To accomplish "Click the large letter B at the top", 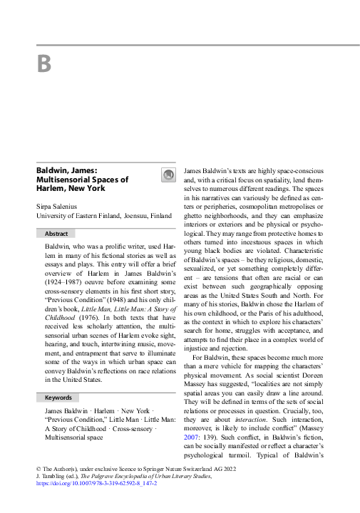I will pyautogui.click(x=44, y=64).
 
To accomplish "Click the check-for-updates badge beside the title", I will pyautogui.click(x=168, y=175).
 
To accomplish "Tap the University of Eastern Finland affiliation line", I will pyautogui.click(x=103, y=215).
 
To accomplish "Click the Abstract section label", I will pyautogui.click(x=56, y=233).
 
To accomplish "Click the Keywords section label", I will pyautogui.click(x=58, y=397).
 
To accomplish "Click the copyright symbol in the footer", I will pyautogui.click(x=38, y=467).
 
